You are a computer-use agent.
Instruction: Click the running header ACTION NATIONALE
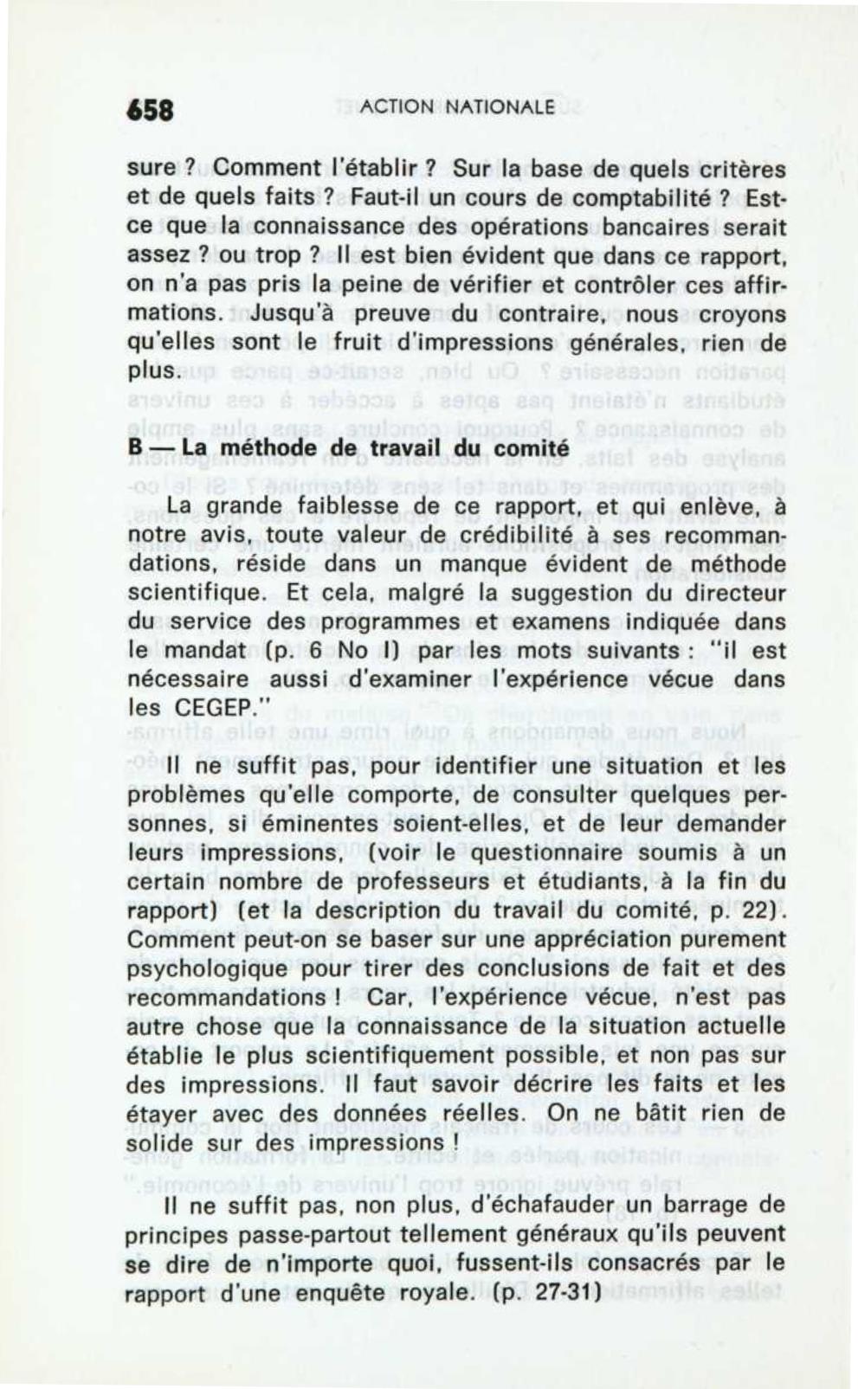point(457,107)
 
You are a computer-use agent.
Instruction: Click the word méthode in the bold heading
point(253,449)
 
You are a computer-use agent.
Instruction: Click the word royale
point(430,1292)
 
